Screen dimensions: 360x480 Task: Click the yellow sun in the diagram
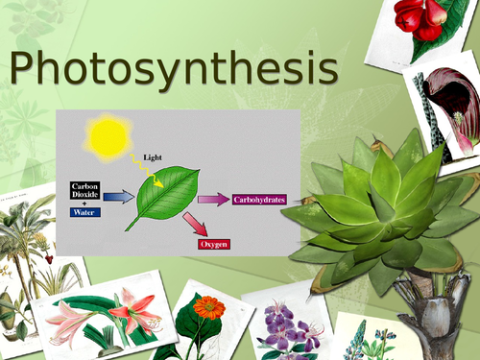pos(108,136)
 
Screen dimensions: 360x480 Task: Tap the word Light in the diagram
pos(153,156)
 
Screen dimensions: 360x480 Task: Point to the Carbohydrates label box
pos(258,200)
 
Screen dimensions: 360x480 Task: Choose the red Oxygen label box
pos(212,244)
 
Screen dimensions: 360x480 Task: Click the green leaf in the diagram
pos(167,200)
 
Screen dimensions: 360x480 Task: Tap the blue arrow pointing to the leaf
pos(119,197)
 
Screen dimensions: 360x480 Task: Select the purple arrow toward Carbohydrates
pos(212,200)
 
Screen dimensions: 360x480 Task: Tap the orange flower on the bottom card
pos(207,308)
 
